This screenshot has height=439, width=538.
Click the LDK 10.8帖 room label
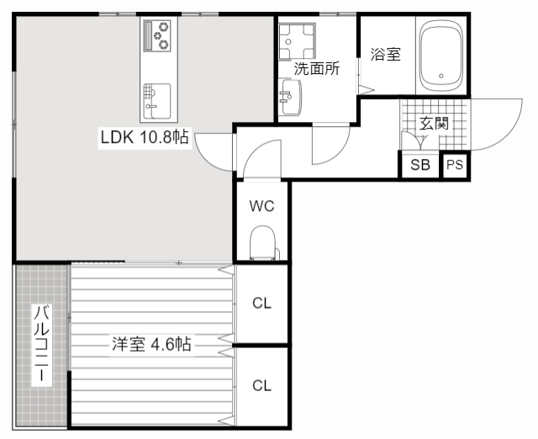tap(145, 137)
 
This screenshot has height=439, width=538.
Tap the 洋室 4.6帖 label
tap(151, 344)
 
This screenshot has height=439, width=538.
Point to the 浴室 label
tap(385, 56)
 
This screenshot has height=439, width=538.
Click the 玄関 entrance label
tap(434, 124)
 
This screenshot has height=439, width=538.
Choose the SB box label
tap(420, 166)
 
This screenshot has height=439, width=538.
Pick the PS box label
tap(455, 166)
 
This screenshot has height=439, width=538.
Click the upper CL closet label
tap(262, 304)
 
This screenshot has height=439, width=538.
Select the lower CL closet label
tap(262, 386)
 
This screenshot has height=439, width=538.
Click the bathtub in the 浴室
tap(440, 56)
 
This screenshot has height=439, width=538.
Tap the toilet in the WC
tap(262, 245)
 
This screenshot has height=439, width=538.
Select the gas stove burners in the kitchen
tap(156, 35)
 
